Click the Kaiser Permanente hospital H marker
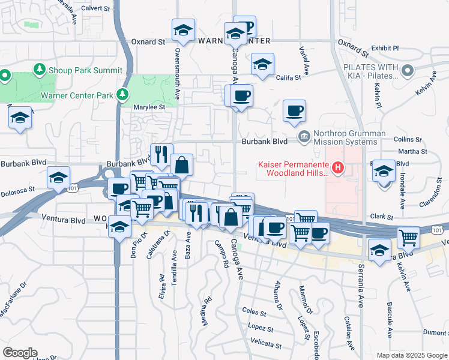pyautogui.click(x=338, y=167)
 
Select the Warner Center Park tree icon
pyautogui.click(x=122, y=95)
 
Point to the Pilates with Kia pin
pyautogui.click(x=408, y=71)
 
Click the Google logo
pyautogui.click(x=20, y=353)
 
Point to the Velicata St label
pyautogui.click(x=267, y=345)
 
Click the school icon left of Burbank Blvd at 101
pyautogui.click(x=59, y=178)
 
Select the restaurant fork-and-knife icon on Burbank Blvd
pyautogui.click(x=161, y=154)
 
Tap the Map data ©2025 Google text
pyautogui.click(x=412, y=355)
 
